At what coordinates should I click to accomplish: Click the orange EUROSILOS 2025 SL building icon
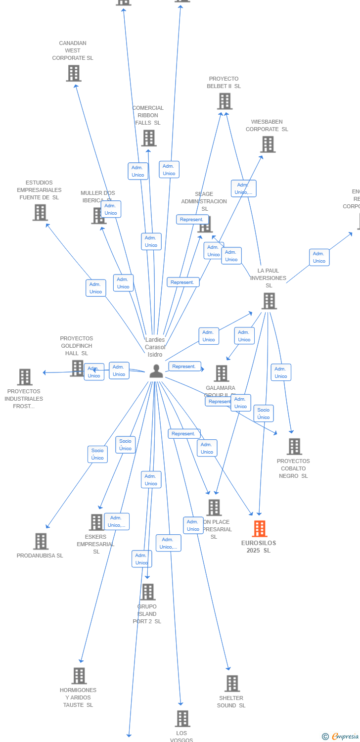(260, 529)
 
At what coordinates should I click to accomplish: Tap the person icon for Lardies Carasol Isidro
(156, 371)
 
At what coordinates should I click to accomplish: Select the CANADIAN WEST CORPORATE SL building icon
(74, 73)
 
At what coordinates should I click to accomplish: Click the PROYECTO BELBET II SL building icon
(225, 101)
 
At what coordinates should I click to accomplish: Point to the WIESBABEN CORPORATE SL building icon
(268, 144)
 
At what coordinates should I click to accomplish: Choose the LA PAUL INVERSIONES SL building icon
(269, 301)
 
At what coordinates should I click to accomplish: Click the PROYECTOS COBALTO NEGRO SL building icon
(294, 447)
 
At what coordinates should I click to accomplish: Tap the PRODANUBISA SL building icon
(41, 541)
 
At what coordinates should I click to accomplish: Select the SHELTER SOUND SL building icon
(232, 684)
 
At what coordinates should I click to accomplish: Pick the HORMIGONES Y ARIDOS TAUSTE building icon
(79, 676)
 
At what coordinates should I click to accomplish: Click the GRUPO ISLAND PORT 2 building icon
(147, 592)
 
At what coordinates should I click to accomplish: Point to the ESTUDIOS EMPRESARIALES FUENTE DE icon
(40, 213)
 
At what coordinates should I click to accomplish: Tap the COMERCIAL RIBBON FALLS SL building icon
(149, 138)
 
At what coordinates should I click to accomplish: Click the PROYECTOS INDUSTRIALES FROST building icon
(25, 377)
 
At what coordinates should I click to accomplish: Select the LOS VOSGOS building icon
(182, 719)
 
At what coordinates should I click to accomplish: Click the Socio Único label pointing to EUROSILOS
(264, 414)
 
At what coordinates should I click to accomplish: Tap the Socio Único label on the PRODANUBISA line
(97, 454)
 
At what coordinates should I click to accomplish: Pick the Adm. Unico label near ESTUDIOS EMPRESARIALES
(95, 288)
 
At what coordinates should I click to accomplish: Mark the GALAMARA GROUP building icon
(222, 373)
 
